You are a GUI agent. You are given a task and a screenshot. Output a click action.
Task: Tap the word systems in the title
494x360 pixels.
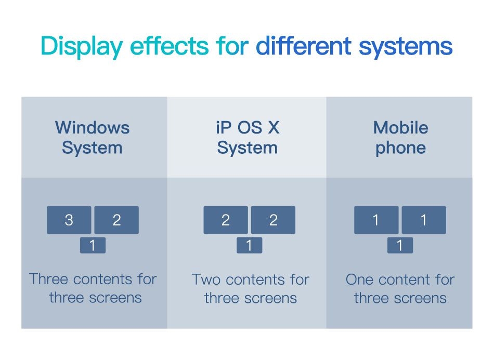tap(406, 47)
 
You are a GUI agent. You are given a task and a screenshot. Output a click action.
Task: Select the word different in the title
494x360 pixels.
tap(303, 46)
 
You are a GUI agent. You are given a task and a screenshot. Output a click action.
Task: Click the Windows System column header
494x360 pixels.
tap(93, 138)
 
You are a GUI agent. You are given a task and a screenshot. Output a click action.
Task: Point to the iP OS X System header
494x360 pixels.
tap(248, 138)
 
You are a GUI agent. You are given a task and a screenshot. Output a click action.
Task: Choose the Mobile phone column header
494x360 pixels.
tap(401, 138)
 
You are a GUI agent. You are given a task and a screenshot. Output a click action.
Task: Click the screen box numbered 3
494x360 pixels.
tap(69, 220)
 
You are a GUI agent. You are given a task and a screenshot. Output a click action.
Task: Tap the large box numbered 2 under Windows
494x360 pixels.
tap(116, 220)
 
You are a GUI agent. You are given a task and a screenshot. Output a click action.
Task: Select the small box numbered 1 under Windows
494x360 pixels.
tap(93, 245)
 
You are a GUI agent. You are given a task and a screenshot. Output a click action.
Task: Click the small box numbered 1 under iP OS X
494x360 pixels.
tap(249, 245)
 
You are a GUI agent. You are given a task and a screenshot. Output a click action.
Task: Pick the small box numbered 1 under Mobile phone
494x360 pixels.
tap(400, 245)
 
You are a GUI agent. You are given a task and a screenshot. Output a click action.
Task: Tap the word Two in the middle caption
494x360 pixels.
tap(206, 279)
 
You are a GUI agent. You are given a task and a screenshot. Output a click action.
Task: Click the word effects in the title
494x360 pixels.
tap(169, 46)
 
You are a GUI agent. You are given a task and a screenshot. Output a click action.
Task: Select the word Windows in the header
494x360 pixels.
tap(93, 128)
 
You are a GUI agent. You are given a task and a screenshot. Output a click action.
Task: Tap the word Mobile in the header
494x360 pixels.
tap(401, 128)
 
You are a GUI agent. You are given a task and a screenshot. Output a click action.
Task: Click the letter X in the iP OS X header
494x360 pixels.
tap(274, 128)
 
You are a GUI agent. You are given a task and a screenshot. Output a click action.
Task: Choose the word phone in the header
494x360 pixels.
tap(401, 148)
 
